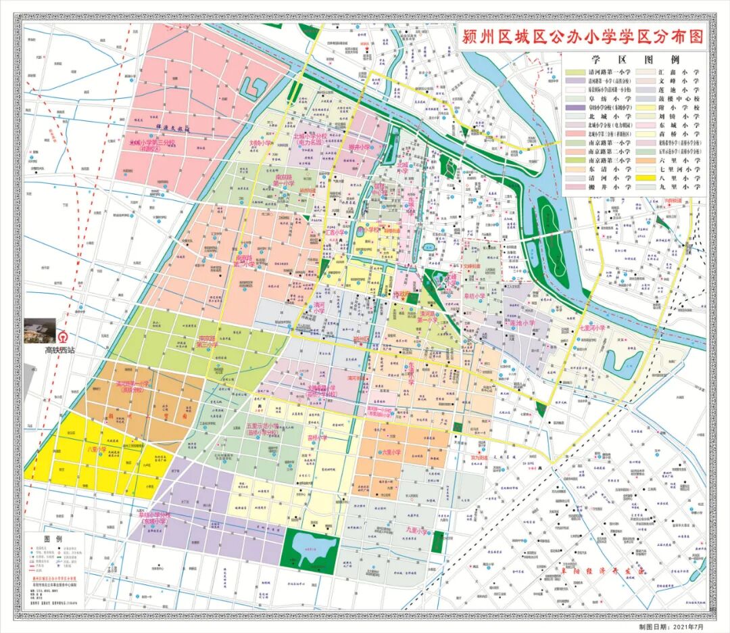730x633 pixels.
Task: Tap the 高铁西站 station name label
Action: coord(62,350)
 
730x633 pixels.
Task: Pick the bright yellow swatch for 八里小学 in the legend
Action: coord(647,178)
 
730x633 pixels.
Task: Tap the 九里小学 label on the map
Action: coord(418,531)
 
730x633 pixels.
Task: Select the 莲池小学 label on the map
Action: coord(522,323)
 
